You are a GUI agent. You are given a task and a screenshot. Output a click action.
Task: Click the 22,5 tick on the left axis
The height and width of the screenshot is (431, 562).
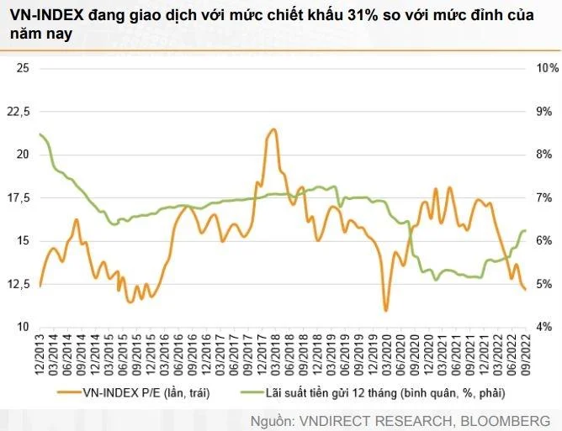tap(18, 112)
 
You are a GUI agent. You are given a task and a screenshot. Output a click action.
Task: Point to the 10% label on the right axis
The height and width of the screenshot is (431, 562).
tap(548, 68)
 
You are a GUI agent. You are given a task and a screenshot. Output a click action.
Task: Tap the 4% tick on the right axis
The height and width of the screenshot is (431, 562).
tap(544, 327)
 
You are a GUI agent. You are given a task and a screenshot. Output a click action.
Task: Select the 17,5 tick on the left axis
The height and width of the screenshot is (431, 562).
tap(18, 198)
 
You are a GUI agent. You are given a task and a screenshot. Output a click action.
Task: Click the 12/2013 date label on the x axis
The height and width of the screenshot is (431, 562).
tap(40, 355)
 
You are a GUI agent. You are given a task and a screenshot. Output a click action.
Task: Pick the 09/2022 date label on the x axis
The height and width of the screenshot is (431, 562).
tap(526, 355)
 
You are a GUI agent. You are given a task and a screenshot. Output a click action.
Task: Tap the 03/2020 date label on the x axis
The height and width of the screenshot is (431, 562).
tap(387, 355)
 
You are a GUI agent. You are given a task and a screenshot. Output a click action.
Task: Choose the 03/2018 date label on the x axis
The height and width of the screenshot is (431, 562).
tap(276, 355)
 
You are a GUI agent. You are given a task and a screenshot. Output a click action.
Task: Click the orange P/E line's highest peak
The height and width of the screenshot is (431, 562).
tap(273, 129)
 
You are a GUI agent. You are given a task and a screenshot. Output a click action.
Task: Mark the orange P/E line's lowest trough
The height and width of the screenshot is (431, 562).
tap(386, 311)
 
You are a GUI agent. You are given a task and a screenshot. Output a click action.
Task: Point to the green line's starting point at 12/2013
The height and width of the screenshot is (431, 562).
tap(40, 134)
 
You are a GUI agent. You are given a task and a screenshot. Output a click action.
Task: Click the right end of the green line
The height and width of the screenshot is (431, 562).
tap(525, 230)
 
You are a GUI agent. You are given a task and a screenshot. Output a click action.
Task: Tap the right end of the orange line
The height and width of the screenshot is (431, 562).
tap(525, 289)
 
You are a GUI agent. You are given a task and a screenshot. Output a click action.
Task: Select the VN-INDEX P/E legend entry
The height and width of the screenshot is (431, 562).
tap(133, 392)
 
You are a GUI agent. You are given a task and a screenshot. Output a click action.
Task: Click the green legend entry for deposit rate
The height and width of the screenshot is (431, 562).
tap(373, 392)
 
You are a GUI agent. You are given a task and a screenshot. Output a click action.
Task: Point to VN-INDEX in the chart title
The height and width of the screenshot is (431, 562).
tap(47, 15)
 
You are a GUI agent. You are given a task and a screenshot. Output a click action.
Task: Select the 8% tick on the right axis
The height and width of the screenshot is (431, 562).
tap(544, 155)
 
